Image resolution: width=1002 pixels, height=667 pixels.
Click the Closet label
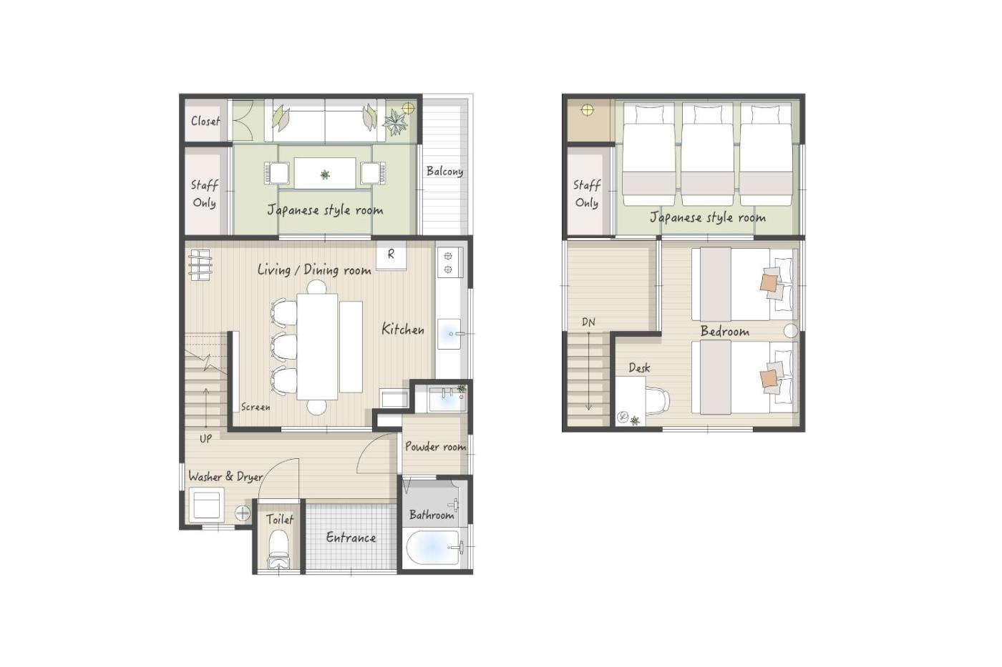(205, 121)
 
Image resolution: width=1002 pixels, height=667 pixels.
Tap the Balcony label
(444, 172)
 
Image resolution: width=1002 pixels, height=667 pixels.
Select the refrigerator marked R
(391, 255)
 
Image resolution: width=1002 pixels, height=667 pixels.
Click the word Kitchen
(402, 330)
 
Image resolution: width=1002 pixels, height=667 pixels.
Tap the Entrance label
(351, 537)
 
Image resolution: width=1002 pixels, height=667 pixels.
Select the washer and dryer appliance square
(206, 505)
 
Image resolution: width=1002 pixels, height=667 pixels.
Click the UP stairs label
(206, 439)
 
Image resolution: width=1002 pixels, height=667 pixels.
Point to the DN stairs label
(588, 322)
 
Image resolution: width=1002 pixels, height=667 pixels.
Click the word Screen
(256, 407)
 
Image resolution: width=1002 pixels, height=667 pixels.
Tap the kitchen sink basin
(449, 333)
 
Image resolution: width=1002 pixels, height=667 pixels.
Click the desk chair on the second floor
(658, 400)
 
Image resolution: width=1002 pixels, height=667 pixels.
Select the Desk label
(639, 367)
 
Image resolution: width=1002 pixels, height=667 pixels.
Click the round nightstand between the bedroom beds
(791, 330)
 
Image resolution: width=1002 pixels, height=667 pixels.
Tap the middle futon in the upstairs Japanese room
(707, 154)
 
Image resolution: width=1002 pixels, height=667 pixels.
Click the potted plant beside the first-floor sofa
(395, 122)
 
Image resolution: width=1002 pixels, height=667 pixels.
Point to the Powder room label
(435, 446)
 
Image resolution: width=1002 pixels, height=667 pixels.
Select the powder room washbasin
(447, 400)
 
